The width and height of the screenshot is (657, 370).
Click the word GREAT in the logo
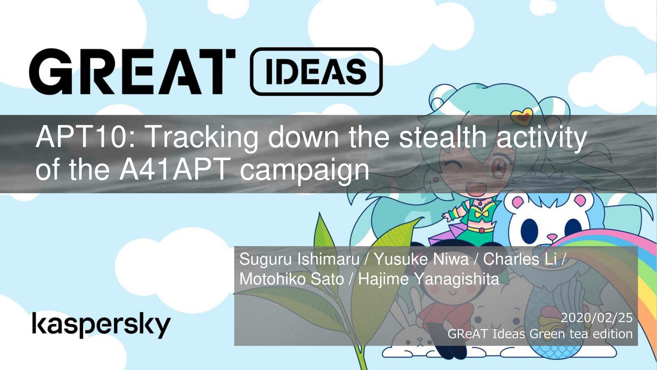pos(132,72)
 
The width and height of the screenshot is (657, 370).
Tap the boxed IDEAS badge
pos(316,72)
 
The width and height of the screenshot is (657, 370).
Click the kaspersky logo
pos(102,325)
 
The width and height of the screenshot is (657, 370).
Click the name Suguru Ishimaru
pos(299,259)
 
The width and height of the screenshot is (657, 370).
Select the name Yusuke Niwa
pos(421,259)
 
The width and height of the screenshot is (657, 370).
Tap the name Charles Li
pos(520,259)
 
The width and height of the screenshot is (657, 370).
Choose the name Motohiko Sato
pos(291,279)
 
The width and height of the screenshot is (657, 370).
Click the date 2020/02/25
pos(597,318)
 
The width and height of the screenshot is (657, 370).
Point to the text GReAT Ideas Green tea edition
pos(540,334)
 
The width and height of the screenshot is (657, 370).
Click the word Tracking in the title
pos(203,138)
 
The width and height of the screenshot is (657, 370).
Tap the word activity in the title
pos(542,138)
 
